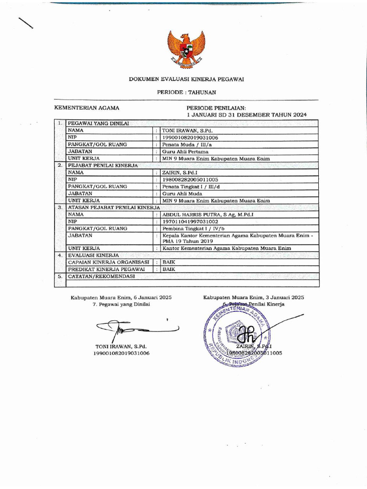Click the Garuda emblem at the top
(186, 48)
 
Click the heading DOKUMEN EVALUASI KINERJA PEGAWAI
(186, 79)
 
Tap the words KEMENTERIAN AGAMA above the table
(87, 108)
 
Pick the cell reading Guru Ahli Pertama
(183, 151)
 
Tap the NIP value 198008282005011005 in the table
(190, 180)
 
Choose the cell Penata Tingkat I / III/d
(188, 187)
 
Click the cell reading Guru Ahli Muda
(180, 194)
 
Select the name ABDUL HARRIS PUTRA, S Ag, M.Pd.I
(208, 215)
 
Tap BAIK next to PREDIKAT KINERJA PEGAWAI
(169, 269)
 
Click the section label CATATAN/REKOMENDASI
(101, 276)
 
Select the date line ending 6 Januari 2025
(121, 297)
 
